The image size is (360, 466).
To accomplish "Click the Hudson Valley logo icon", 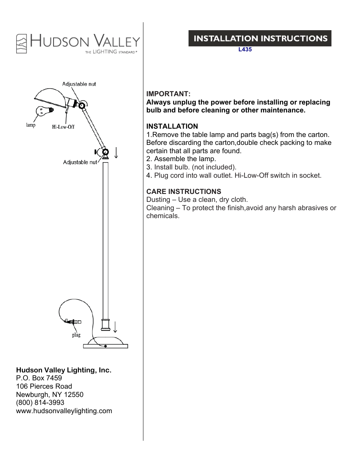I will [x=22, y=43].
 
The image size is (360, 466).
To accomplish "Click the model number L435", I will [x=245, y=49].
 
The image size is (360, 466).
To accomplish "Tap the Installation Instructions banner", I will [x=260, y=38].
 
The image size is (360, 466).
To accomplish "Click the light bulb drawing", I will [x=44, y=111].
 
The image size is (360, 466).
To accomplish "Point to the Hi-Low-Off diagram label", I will [x=63, y=127].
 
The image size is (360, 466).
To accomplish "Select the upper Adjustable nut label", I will [x=79, y=84].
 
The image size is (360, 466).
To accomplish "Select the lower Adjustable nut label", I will [x=80, y=162].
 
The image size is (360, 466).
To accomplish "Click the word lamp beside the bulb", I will [x=31, y=125].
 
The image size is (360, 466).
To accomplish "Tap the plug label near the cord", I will [x=76, y=335].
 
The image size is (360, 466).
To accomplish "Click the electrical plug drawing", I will [x=73, y=322].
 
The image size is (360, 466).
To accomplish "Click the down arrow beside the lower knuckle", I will [x=116, y=152].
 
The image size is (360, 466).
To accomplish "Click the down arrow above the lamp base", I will [x=115, y=327].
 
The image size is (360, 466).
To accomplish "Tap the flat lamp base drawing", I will [x=105, y=344].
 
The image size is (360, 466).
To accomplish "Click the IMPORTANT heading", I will [x=168, y=94].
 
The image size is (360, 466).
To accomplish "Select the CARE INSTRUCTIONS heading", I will [x=184, y=192].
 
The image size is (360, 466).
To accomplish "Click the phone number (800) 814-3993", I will [x=40, y=403].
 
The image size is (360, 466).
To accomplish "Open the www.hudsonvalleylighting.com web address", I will [x=64, y=411].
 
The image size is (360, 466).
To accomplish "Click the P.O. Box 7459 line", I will [x=39, y=378].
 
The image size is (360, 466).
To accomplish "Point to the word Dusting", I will [x=158, y=200].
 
